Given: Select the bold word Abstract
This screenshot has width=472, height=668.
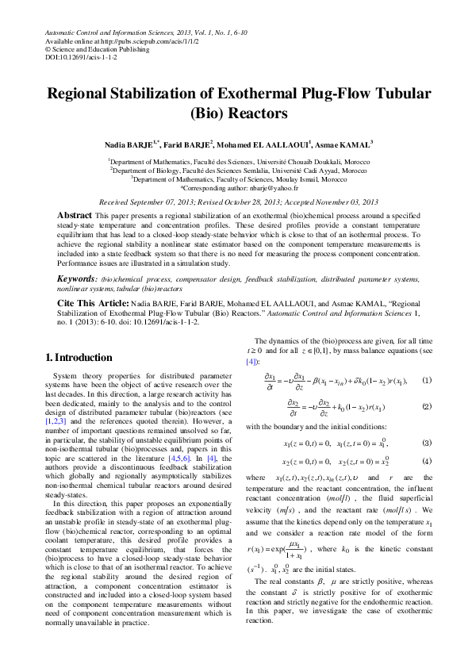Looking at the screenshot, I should click(75, 216).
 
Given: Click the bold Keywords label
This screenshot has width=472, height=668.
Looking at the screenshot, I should click(76, 278).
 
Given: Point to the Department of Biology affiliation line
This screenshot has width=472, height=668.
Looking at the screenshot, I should click(238, 170).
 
